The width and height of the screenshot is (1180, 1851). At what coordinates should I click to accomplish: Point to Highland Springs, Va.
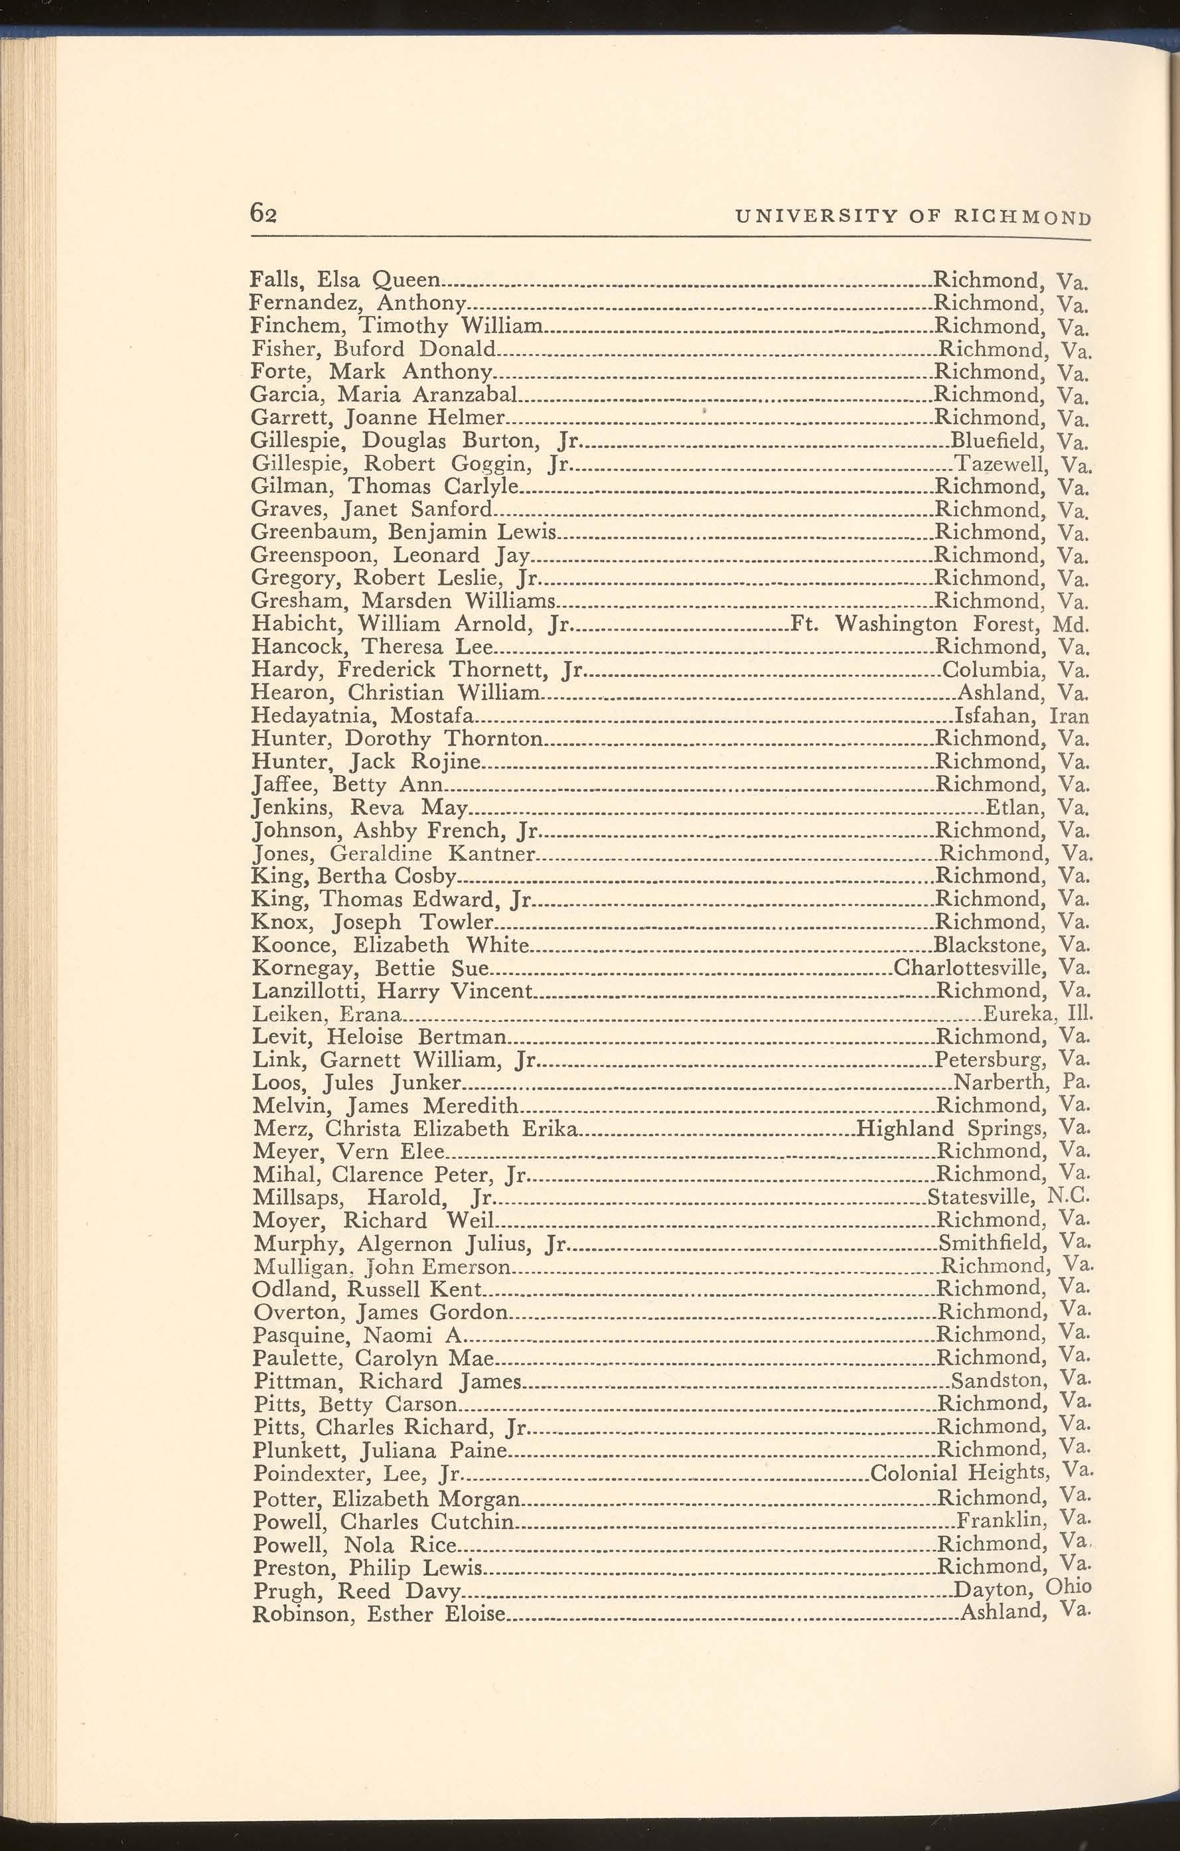click(972, 1128)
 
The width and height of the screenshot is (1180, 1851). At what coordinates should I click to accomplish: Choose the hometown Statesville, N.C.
click(1009, 1197)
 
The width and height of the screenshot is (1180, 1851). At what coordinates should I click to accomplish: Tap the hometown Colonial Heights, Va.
click(980, 1473)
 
